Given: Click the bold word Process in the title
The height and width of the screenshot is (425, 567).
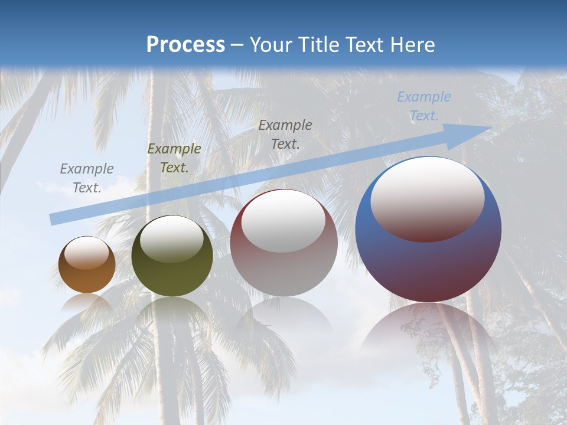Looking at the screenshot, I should coord(185,45).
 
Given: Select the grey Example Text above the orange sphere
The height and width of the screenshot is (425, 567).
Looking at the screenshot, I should coord(87,178).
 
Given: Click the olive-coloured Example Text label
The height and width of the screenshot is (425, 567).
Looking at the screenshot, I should coord(174,158).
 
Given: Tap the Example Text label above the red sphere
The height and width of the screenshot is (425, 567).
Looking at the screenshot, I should coord(285,134).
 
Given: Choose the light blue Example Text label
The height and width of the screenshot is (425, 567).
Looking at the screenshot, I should coord(424,106).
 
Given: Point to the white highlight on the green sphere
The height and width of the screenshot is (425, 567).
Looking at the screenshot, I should coord(172,239).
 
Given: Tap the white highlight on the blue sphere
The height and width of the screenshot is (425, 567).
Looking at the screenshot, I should coord(428,198).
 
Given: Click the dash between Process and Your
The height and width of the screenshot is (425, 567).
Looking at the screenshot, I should coord(237,45).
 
